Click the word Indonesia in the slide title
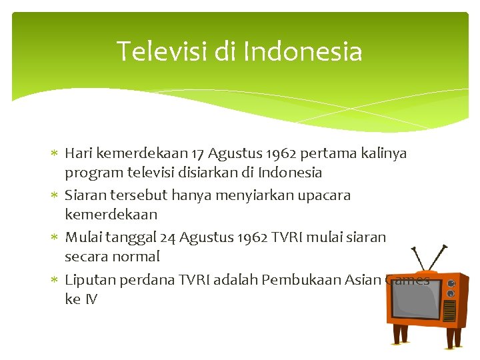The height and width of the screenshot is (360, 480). pos(303,51)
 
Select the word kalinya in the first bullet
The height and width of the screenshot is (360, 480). pos(383,153)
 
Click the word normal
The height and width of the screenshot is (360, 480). pos(138,257)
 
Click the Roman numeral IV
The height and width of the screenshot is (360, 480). pos(90,299)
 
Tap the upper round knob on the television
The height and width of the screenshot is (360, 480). pos(451,283)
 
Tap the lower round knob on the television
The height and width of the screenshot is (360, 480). pos(451,293)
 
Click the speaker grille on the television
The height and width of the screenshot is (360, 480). pos(451,310)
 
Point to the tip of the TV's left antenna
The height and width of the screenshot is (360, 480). pos(412,249)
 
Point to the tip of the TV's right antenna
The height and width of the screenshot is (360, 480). pos(445,245)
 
